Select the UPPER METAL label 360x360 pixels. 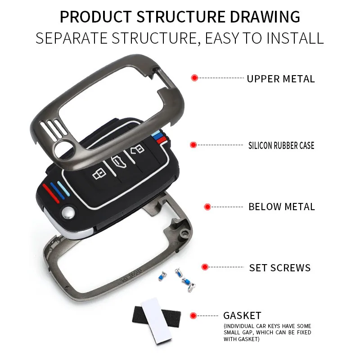click(x=280, y=79)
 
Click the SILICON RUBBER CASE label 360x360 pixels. click(x=281, y=145)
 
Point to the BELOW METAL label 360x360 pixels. click(x=282, y=207)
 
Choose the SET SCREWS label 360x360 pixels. click(x=280, y=268)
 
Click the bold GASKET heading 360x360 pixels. click(x=242, y=315)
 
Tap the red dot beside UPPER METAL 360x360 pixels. click(x=194, y=78)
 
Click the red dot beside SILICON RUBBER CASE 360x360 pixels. click(x=193, y=145)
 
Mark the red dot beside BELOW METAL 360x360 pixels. click(x=207, y=207)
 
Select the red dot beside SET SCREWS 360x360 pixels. click(x=205, y=267)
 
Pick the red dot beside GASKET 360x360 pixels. click(x=194, y=315)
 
